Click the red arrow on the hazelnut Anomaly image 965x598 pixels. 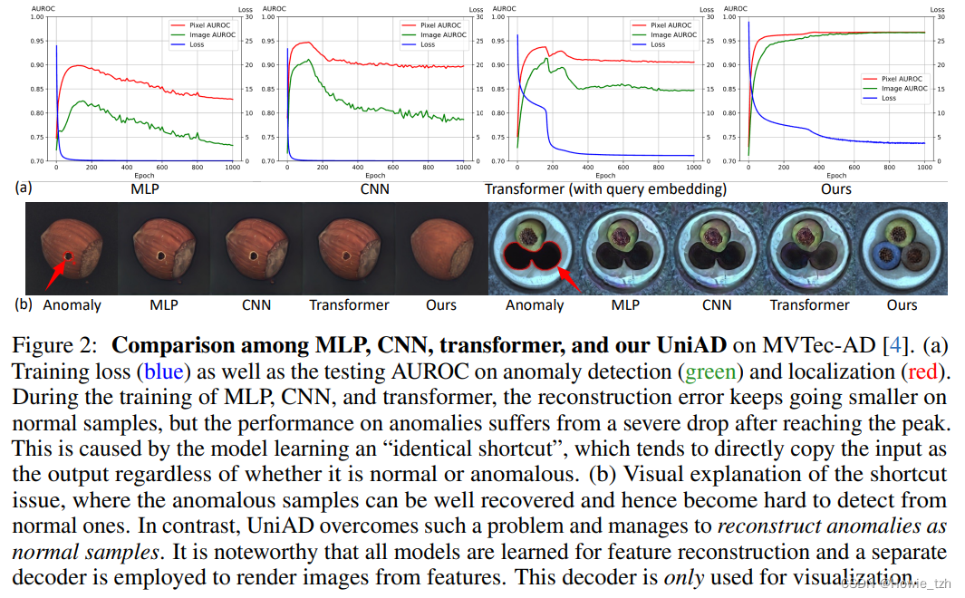click(x=60, y=266)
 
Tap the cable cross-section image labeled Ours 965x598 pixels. click(x=902, y=247)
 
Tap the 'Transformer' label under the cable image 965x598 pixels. click(x=809, y=305)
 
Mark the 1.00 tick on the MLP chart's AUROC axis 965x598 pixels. click(x=41, y=17)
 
